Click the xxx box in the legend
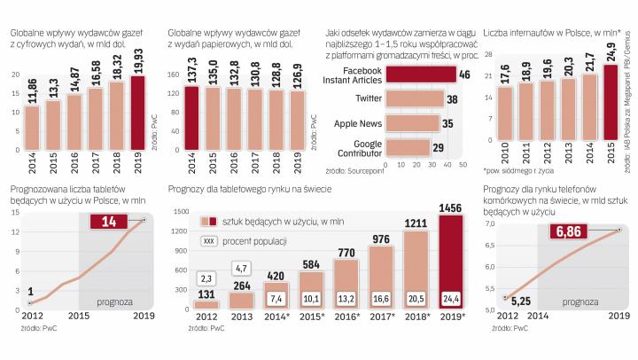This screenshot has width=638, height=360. pyautogui.click(x=209, y=240)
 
